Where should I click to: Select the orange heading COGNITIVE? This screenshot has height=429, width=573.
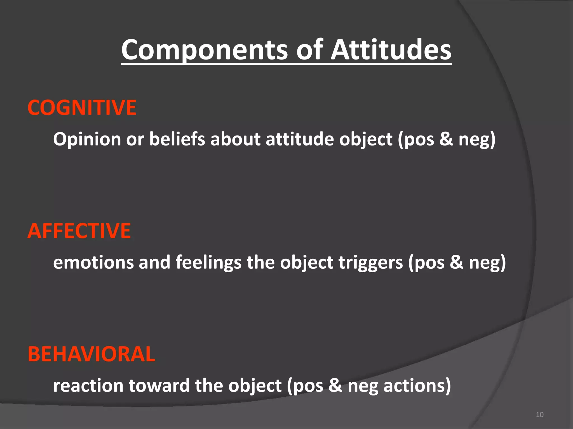tap(82, 108)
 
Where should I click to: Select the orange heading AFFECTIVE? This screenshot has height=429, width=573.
tap(79, 231)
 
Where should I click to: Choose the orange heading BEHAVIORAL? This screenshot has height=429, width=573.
tap(91, 354)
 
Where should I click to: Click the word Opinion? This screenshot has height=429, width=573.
tap(87, 139)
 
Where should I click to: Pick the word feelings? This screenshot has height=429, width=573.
tap(208, 263)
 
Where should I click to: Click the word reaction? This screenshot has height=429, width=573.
tap(88, 386)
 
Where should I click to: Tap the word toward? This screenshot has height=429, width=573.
tap(159, 386)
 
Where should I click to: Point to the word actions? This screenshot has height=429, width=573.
tap(417, 386)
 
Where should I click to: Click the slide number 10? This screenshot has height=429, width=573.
tap(540, 414)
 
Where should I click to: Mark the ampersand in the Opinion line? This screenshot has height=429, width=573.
tap(446, 139)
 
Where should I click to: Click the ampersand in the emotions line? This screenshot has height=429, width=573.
tap(456, 263)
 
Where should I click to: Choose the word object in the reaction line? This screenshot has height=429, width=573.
tap(255, 386)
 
